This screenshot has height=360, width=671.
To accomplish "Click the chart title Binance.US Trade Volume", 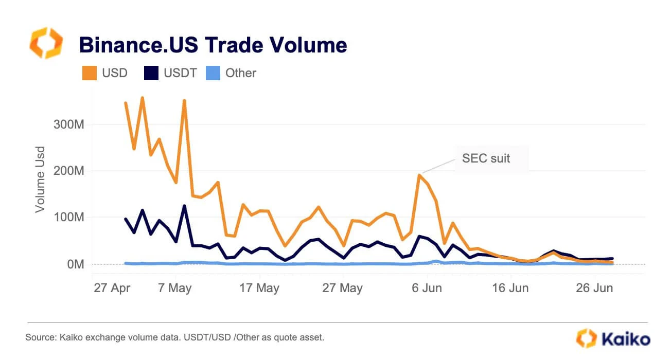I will [x=213, y=45].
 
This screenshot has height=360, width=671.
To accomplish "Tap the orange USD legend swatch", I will [x=90, y=73].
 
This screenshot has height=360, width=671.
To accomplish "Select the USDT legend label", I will [x=180, y=73].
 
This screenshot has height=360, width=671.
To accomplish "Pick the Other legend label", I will [x=241, y=73].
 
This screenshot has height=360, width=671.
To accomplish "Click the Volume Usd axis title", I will [x=40, y=179].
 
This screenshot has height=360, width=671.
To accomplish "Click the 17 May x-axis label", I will [x=260, y=288].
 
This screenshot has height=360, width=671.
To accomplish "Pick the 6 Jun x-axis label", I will [x=427, y=288].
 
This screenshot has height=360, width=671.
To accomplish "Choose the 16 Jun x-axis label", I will [x=511, y=288].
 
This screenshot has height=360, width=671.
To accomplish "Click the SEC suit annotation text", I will [x=486, y=158].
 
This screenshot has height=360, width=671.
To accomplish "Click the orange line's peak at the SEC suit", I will [x=420, y=175].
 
